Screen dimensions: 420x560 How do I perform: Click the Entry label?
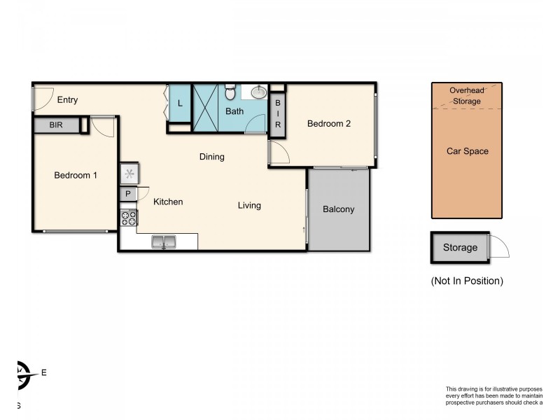(67, 100)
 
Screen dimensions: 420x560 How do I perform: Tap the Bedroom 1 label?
(76, 175)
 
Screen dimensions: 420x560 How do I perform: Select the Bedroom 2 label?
(328, 124)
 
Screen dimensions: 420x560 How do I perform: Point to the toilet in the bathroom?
(230, 94)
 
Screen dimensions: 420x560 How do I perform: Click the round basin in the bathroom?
(259, 92)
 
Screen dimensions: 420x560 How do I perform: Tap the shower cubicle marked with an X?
(206, 108)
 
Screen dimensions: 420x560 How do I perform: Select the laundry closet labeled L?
(180, 104)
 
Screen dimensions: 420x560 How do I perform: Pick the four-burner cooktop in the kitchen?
(129, 218)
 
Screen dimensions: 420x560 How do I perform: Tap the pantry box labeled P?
(128, 195)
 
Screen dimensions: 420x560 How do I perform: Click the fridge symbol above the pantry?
(129, 173)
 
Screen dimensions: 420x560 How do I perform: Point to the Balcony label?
(338, 209)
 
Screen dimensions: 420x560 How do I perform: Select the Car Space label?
(467, 151)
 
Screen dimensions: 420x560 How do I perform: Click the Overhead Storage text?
(465, 96)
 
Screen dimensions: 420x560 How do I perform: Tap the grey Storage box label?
(460, 248)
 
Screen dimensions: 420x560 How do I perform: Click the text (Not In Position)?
(467, 281)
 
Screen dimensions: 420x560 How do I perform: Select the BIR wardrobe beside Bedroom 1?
(56, 125)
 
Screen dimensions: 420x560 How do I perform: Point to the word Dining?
(211, 157)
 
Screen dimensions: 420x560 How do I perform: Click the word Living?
(249, 205)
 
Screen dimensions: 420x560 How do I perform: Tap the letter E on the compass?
(44, 373)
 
